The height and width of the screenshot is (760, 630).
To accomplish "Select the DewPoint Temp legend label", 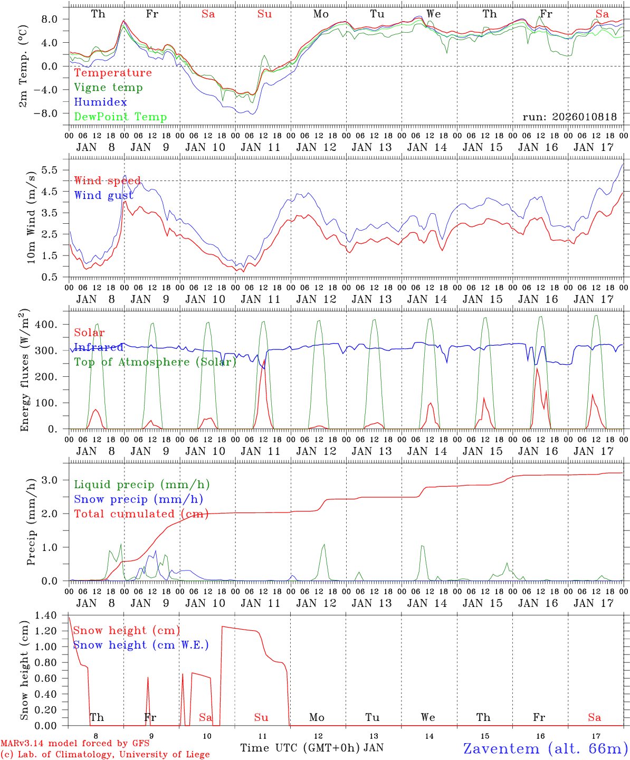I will click(x=120, y=117).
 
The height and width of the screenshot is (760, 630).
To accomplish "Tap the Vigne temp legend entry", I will click(x=108, y=88).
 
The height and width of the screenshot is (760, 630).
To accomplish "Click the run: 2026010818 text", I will click(x=569, y=117).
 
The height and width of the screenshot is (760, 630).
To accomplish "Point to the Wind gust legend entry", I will click(x=103, y=196).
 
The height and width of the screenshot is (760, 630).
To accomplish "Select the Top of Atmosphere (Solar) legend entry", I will click(x=155, y=362).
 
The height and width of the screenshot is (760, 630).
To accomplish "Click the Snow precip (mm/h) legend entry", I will click(x=138, y=499).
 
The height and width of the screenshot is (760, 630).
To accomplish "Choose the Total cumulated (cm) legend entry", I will click(x=141, y=514).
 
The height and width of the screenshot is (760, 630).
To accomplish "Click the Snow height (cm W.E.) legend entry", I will click(x=141, y=645).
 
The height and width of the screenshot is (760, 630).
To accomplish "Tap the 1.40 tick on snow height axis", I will click(x=49, y=615).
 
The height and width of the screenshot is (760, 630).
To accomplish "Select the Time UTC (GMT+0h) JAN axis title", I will click(x=312, y=748).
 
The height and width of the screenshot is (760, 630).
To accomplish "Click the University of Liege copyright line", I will click(x=105, y=755).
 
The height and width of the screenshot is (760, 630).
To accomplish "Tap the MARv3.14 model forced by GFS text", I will click(x=74, y=744).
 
